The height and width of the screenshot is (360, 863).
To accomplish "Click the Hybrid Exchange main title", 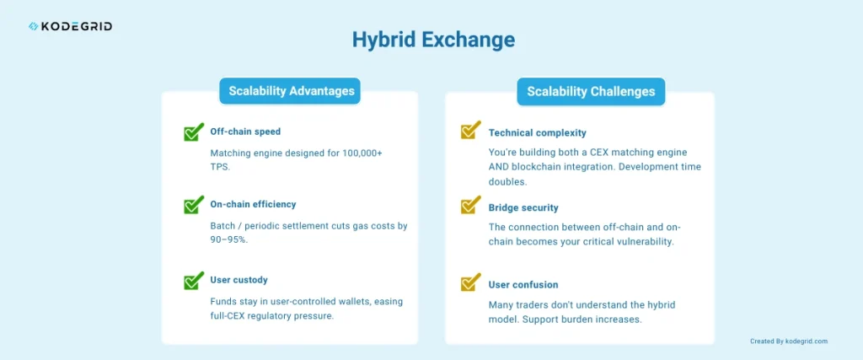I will click(432, 40).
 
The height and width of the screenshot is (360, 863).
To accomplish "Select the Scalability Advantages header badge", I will click(290, 91).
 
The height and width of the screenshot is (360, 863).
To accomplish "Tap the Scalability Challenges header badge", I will click(591, 91).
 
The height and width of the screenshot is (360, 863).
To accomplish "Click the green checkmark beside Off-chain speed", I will click(194, 132).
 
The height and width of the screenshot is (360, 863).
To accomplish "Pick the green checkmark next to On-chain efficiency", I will click(194, 206).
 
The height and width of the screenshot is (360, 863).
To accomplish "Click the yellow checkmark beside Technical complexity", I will click(470, 132).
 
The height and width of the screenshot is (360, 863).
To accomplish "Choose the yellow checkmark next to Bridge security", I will click(470, 207).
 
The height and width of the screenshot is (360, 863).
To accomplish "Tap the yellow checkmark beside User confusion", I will click(470, 282).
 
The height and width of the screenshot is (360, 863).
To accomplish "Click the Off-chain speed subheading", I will click(245, 132).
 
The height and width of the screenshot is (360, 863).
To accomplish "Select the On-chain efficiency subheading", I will click(253, 205).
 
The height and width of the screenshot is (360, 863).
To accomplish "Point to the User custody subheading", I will click(239, 280).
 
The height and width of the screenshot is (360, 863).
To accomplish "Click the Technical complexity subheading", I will click(537, 133).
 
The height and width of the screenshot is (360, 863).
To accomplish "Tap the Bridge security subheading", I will click(523, 208).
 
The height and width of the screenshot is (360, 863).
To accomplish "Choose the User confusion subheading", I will click(523, 285).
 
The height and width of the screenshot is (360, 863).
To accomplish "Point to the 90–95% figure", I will click(232, 240).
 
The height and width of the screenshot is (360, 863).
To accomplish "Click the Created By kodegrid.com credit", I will click(788, 341).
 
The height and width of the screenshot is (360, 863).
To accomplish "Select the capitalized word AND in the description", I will click(501, 167).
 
